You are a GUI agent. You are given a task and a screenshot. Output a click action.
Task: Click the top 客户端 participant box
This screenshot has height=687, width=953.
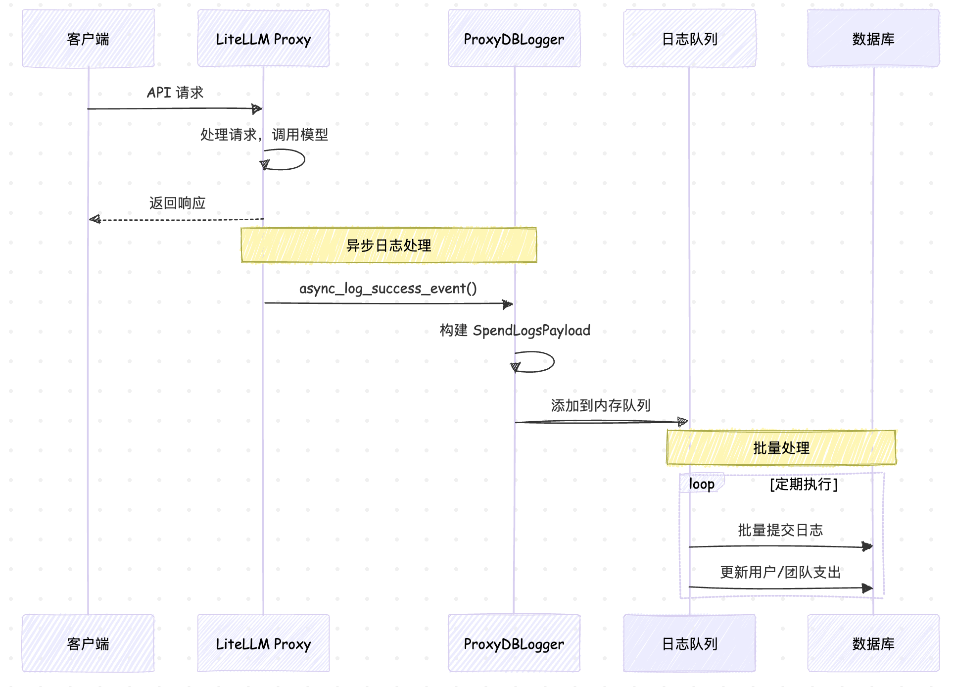point(88,39)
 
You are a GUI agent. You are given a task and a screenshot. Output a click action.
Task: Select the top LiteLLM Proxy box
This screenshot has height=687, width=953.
point(263,39)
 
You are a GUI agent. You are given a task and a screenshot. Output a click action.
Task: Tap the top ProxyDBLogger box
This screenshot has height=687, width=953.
point(514,39)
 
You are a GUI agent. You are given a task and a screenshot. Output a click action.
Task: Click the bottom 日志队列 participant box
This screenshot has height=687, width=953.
point(689,643)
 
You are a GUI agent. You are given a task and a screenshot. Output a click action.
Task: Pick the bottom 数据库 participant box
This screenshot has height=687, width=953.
point(873,643)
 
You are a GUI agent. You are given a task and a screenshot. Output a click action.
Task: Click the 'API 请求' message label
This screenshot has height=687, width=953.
point(175,93)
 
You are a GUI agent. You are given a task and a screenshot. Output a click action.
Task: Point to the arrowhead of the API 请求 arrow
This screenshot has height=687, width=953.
point(257,109)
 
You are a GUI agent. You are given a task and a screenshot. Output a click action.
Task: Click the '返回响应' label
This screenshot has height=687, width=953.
point(177,203)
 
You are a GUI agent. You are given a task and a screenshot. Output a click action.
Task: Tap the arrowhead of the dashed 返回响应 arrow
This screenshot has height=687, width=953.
point(95,219)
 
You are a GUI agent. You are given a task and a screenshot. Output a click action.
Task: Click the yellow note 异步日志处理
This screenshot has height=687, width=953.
point(388,245)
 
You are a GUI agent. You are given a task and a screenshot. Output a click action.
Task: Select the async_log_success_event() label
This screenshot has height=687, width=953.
point(388,288)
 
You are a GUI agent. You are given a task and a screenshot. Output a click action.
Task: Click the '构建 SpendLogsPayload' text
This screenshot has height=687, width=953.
point(515,330)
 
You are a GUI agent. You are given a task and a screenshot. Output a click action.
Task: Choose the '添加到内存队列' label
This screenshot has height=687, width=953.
point(600,405)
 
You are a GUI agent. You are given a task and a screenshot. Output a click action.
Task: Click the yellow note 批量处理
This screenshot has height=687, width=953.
point(781,448)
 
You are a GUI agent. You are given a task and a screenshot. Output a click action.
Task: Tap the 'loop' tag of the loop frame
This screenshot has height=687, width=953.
point(702,484)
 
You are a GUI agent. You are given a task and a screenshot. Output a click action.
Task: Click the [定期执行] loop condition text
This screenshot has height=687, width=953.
point(804,484)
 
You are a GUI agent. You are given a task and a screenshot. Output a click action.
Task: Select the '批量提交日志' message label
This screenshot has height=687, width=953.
point(780,530)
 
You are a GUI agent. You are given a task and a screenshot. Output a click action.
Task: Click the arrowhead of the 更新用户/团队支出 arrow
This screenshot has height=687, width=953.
point(868,588)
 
